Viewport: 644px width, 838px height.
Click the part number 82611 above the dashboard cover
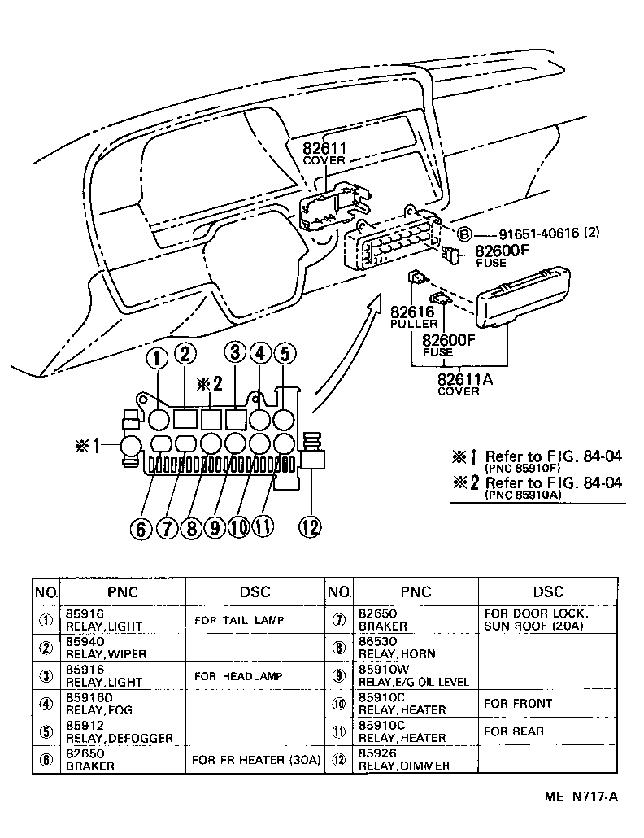[324, 148]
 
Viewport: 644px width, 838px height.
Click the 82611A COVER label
[459, 383]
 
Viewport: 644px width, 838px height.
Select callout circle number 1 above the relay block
[158, 356]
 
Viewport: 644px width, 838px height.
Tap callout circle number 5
[285, 355]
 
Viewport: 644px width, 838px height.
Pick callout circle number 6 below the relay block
[141, 529]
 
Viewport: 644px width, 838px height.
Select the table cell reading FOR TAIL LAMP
[239, 620]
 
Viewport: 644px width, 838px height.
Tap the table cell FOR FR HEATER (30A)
[256, 760]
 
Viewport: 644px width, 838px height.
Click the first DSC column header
[255, 591]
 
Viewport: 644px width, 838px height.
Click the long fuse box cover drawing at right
[517, 304]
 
